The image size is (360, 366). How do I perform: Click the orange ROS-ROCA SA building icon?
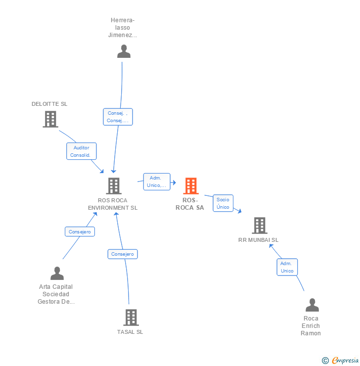(190, 186)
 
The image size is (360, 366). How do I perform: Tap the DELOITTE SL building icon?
(50, 119)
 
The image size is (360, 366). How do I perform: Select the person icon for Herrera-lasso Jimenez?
(124, 51)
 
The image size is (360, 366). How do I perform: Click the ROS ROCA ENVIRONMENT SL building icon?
(114, 186)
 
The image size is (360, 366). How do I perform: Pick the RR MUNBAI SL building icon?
(259, 226)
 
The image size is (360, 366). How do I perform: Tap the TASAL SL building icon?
(131, 318)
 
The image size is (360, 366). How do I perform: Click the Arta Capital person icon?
(57, 274)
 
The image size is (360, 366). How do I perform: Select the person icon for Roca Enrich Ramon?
(312, 305)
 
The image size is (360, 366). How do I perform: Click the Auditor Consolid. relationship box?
(82, 151)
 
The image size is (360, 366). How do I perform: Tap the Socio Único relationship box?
(223, 203)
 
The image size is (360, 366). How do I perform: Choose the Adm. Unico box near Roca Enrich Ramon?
(287, 267)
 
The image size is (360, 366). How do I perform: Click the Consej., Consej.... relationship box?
(118, 117)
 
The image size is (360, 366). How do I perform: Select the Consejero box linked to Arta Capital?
(80, 231)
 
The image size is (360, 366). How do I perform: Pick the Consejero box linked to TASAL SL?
(123, 254)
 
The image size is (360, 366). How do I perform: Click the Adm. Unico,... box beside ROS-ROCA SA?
(157, 182)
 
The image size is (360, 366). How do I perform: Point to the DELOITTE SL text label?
(49, 104)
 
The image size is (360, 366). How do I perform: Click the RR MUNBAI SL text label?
(258, 240)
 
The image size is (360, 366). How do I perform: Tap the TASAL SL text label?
(130, 332)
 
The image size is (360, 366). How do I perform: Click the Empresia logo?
(341, 361)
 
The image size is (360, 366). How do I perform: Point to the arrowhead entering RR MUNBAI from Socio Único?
(239, 211)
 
